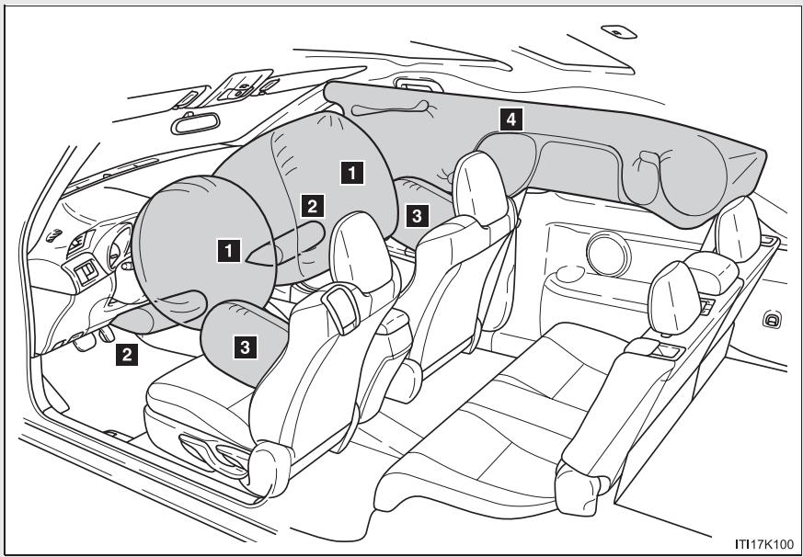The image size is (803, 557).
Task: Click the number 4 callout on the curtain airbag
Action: pyautogui.click(x=507, y=118)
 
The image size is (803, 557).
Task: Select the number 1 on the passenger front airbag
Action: pyautogui.click(x=350, y=169)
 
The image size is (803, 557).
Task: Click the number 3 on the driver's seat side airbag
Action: pyautogui.click(x=244, y=346)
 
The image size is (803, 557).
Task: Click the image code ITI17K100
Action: pyautogui.click(x=762, y=544)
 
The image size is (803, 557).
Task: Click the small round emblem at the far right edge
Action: pyautogui.click(x=773, y=319)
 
